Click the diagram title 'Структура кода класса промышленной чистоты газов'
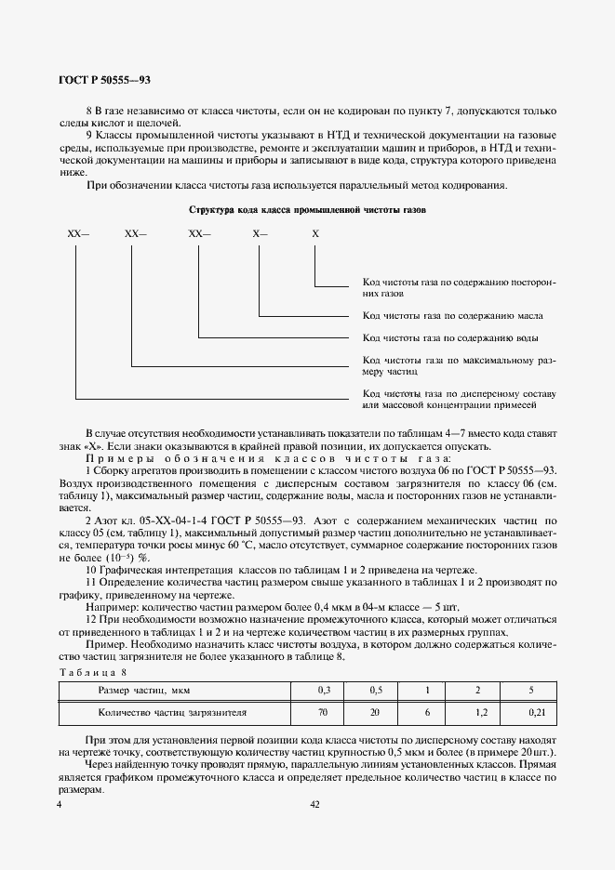click(x=307, y=211)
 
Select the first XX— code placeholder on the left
click(x=78, y=235)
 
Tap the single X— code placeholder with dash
click(x=260, y=235)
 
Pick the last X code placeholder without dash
click(x=314, y=235)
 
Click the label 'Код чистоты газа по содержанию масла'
click(x=452, y=315)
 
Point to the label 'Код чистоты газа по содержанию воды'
click(x=450, y=337)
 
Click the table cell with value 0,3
click(x=324, y=691)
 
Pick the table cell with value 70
click(x=324, y=712)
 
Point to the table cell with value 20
click(x=376, y=712)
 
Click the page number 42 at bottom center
click(x=314, y=806)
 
